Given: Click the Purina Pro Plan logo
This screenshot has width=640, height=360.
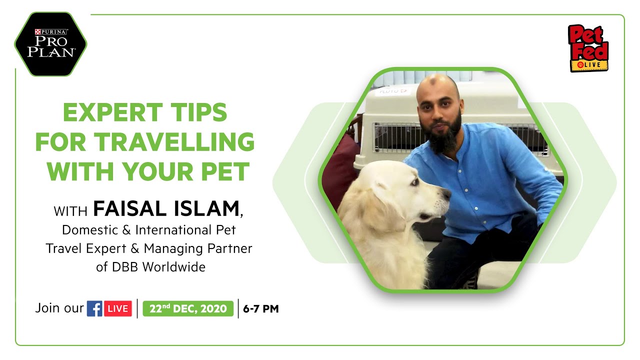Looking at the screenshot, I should pyautogui.click(x=50, y=44).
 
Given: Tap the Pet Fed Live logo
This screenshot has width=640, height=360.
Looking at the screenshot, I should pyautogui.click(x=588, y=48).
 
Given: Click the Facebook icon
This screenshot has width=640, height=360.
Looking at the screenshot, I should pyautogui.click(x=94, y=308).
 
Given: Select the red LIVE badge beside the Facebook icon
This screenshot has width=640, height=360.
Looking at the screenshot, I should pyautogui.click(x=118, y=308).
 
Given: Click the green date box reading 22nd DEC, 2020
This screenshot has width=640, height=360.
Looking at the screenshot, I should pyautogui.click(x=188, y=308).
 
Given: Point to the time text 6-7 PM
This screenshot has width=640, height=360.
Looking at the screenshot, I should pyautogui.click(x=261, y=309).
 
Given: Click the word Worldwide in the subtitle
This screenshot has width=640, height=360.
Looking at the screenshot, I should pyautogui.click(x=174, y=267).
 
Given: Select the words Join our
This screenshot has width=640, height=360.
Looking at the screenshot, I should pyautogui.click(x=59, y=308).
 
